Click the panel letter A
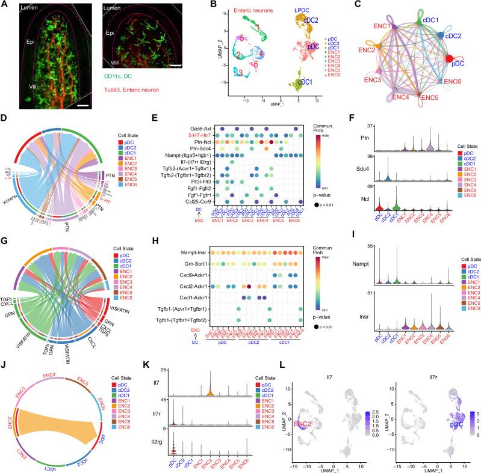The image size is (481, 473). (x=5, y=5)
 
